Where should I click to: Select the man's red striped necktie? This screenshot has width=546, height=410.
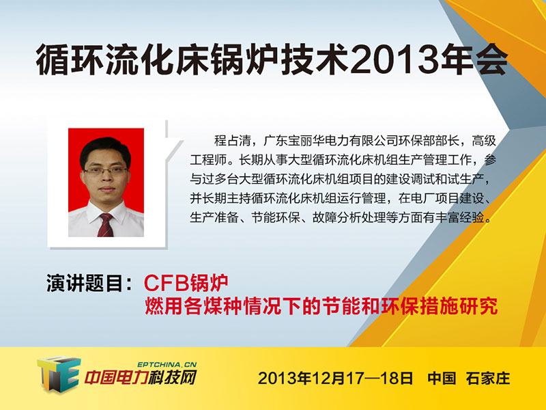105,225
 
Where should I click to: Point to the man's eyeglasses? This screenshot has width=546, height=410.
106,171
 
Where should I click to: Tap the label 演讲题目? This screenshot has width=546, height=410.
85,283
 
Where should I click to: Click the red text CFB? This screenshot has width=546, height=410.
164,283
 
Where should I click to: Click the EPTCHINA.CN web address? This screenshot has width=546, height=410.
167,364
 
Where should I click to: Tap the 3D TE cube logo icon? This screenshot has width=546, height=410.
59,374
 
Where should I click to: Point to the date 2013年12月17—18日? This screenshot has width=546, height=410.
335,379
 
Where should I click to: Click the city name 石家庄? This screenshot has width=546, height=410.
488,379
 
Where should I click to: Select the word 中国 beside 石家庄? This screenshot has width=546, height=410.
442,379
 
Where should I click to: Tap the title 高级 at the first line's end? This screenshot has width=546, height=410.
484,141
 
